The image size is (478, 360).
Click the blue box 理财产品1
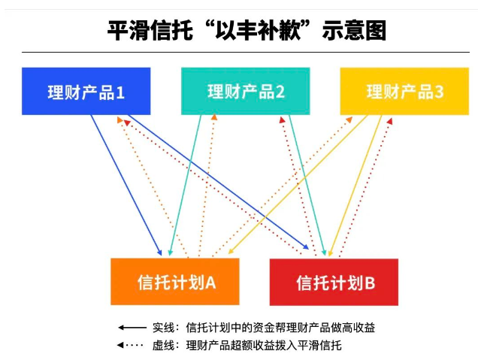click(86, 91)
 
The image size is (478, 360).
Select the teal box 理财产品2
click(246, 91)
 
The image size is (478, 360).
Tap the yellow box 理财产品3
click(404, 91)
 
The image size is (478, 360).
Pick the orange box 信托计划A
click(175, 281)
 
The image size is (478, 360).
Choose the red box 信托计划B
click(334, 282)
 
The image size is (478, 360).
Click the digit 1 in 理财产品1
click(120, 92)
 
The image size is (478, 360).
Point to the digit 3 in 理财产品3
click(439, 92)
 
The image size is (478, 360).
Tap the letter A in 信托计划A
click(210, 283)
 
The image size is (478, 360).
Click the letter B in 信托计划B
click(370, 283)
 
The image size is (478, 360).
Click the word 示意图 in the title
click(354, 31)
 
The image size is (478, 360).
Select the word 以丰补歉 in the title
click(259, 30)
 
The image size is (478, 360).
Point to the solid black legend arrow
click(132, 328)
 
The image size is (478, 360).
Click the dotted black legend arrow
click(130, 346)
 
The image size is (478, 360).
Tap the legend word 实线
click(164, 328)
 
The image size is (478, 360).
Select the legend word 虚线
click(164, 346)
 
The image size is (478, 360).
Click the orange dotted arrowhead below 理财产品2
click(214, 117)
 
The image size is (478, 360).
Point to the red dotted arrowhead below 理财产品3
click(389, 121)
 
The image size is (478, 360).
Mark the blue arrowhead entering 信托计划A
click(159, 253)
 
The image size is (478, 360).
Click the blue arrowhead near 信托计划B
click(306, 247)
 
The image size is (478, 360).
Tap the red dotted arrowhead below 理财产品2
click(282, 119)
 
